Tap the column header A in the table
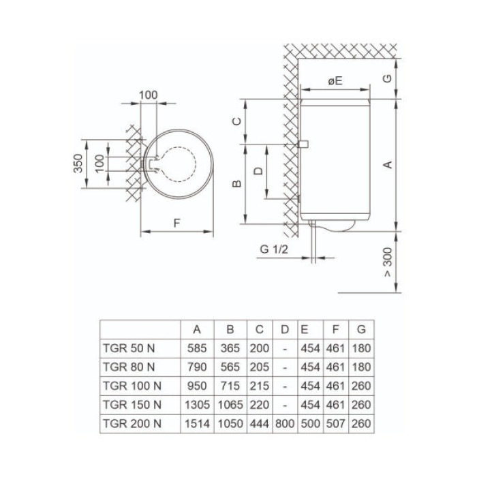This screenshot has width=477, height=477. [197, 329]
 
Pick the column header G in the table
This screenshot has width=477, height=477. [361, 329]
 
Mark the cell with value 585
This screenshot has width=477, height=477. [197, 347]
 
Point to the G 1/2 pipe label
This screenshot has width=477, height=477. [274, 249]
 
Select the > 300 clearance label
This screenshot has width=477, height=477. [387, 263]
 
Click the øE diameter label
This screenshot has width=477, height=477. [335, 81]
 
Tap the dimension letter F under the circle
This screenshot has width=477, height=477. [177, 221]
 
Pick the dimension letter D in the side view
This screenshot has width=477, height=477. [258, 171]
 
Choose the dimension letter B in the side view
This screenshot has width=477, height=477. [236, 183]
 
